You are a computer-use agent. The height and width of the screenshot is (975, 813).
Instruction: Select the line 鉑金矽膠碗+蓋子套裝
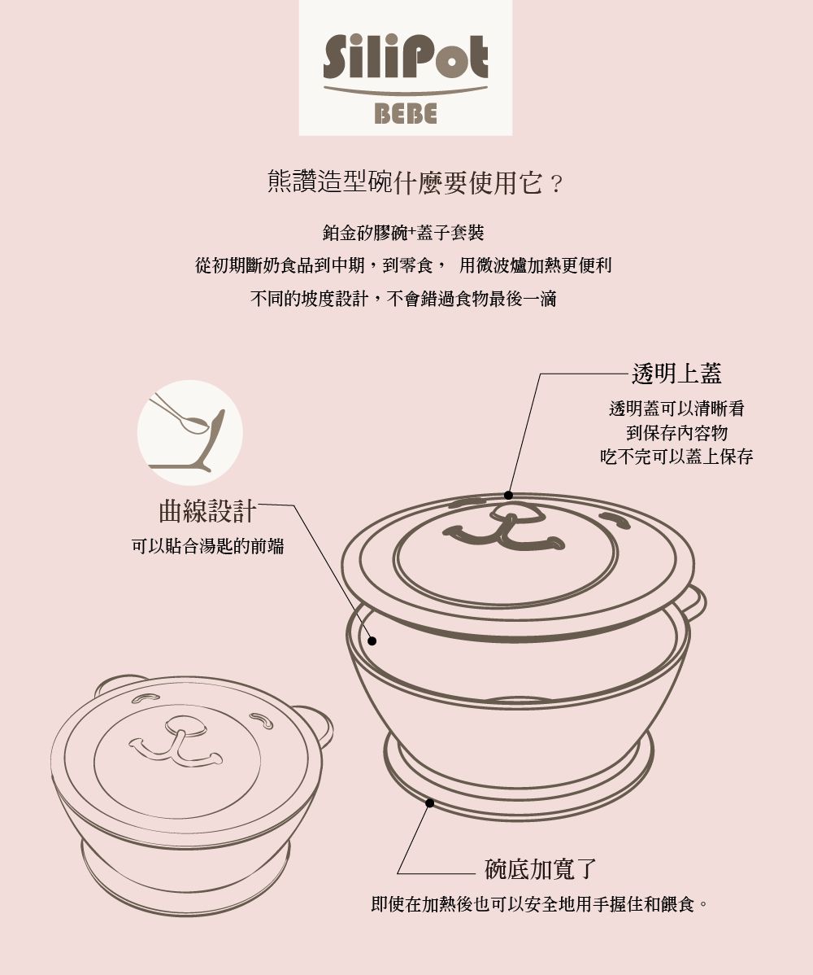[403, 234]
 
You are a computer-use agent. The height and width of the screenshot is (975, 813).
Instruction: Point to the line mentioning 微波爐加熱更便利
[535, 266]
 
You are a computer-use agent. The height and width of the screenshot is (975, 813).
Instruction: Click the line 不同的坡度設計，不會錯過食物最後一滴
[403, 299]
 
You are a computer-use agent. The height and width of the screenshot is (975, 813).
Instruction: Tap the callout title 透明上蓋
[676, 373]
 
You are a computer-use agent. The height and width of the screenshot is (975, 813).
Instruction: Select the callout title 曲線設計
[207, 511]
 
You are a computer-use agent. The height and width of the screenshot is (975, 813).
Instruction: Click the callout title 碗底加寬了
[541, 869]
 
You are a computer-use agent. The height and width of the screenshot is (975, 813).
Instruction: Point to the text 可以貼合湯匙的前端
[208, 547]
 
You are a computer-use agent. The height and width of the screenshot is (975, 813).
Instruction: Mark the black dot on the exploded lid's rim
[508, 495]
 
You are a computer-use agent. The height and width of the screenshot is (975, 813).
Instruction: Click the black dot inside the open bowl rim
[372, 641]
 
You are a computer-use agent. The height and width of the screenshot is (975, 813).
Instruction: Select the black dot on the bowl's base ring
[430, 803]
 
